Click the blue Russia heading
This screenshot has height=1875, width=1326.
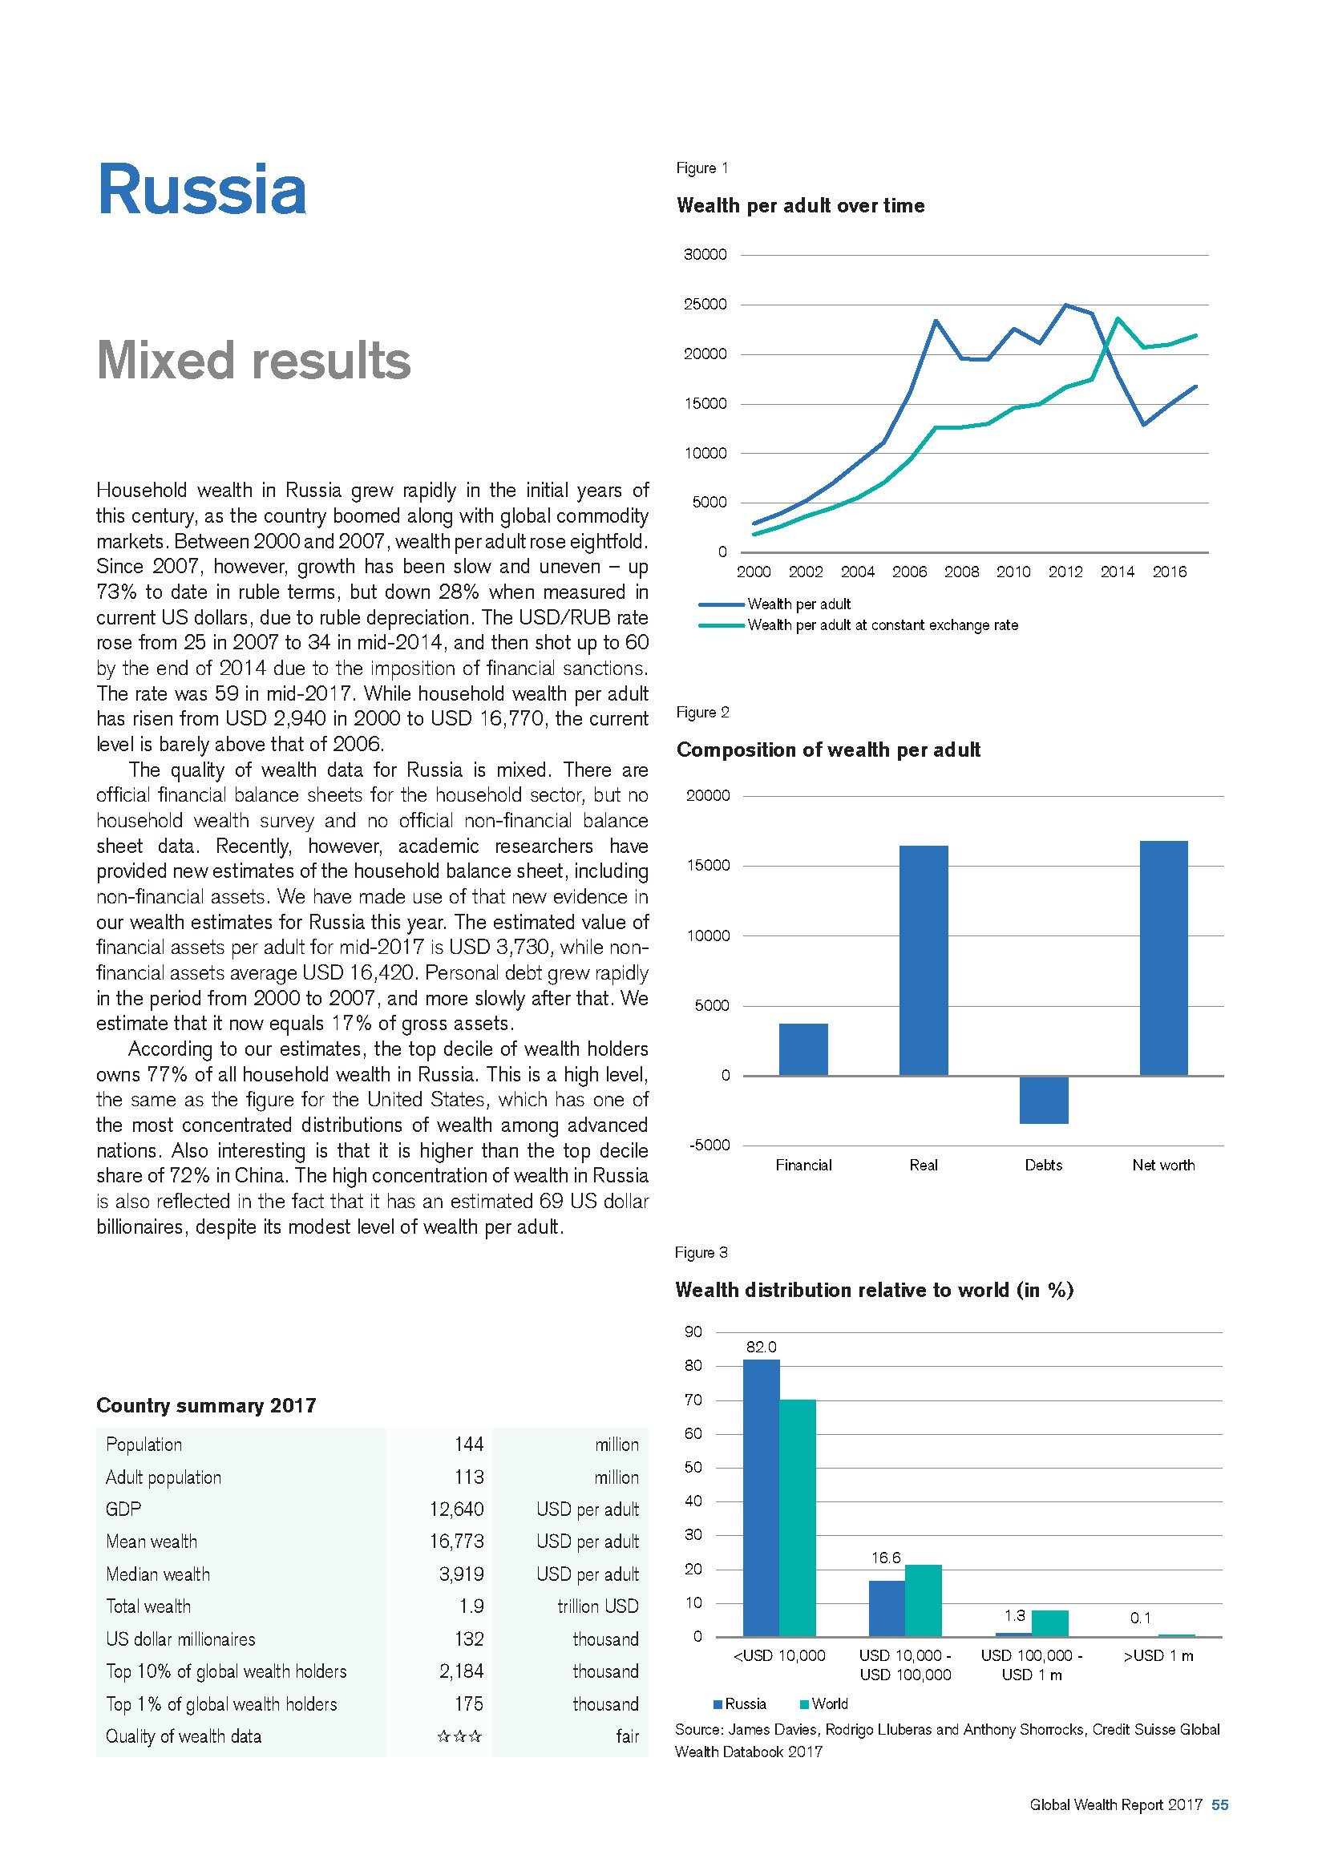coord(202,190)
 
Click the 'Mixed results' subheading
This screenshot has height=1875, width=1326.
coord(253,360)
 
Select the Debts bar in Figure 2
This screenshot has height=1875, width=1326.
coord(1044,1099)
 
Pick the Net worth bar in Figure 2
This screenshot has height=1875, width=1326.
coord(1163,957)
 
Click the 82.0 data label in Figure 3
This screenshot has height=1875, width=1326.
coord(761,1347)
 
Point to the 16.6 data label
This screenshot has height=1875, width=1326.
coord(886,1558)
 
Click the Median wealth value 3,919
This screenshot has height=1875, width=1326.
coord(461,1574)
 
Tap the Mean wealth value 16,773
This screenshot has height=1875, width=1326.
coord(456,1541)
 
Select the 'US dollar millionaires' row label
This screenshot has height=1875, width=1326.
coord(180,1639)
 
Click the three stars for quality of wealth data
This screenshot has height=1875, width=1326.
coord(459,1736)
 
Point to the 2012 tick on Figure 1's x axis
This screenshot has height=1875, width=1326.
coord(1065,572)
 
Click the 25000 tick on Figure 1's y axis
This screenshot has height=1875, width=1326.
coord(705,305)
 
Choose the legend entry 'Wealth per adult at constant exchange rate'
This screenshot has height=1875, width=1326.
coord(882,625)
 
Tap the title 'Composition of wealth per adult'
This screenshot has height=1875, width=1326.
coord(828,750)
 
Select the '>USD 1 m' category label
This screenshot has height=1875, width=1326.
coord(1159,1656)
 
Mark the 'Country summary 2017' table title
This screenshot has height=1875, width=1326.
coord(206,1405)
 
